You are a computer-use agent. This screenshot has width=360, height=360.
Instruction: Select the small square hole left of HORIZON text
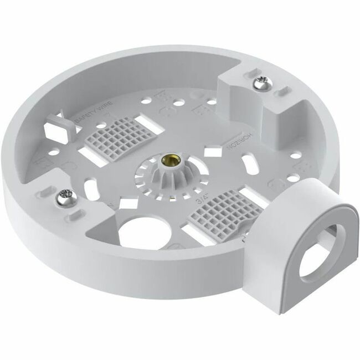[x=210, y=150]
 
